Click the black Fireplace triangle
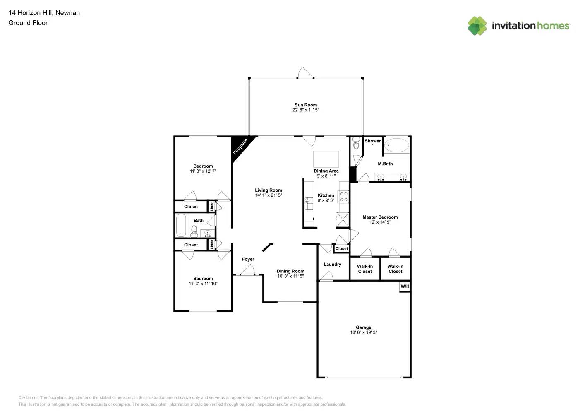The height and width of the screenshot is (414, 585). pos(239,147)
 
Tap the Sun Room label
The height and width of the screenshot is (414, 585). pos(306,105)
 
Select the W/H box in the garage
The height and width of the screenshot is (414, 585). pos(405,286)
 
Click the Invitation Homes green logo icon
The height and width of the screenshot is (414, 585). pos(477,26)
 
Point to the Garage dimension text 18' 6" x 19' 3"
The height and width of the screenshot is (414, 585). pos(364,332)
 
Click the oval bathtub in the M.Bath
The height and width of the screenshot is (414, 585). pos(397,145)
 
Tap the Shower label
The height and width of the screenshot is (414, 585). pos(373,141)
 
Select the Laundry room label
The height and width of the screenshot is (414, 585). pos(332,264)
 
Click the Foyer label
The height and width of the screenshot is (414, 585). pos(248,259)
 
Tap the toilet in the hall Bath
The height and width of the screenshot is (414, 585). pos(194,231)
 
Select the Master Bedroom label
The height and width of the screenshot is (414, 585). pos(380,217)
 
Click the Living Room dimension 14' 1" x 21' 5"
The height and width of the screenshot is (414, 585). pos(269,195)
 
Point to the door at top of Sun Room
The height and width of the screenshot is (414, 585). pos(305,73)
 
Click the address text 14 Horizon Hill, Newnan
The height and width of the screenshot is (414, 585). pos(44,13)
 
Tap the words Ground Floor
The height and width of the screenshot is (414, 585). pos(28,23)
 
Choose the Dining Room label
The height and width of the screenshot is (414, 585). pos(290,271)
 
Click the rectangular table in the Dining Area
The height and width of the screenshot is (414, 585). pos(326,159)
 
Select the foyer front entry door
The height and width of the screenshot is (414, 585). pos(247,270)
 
